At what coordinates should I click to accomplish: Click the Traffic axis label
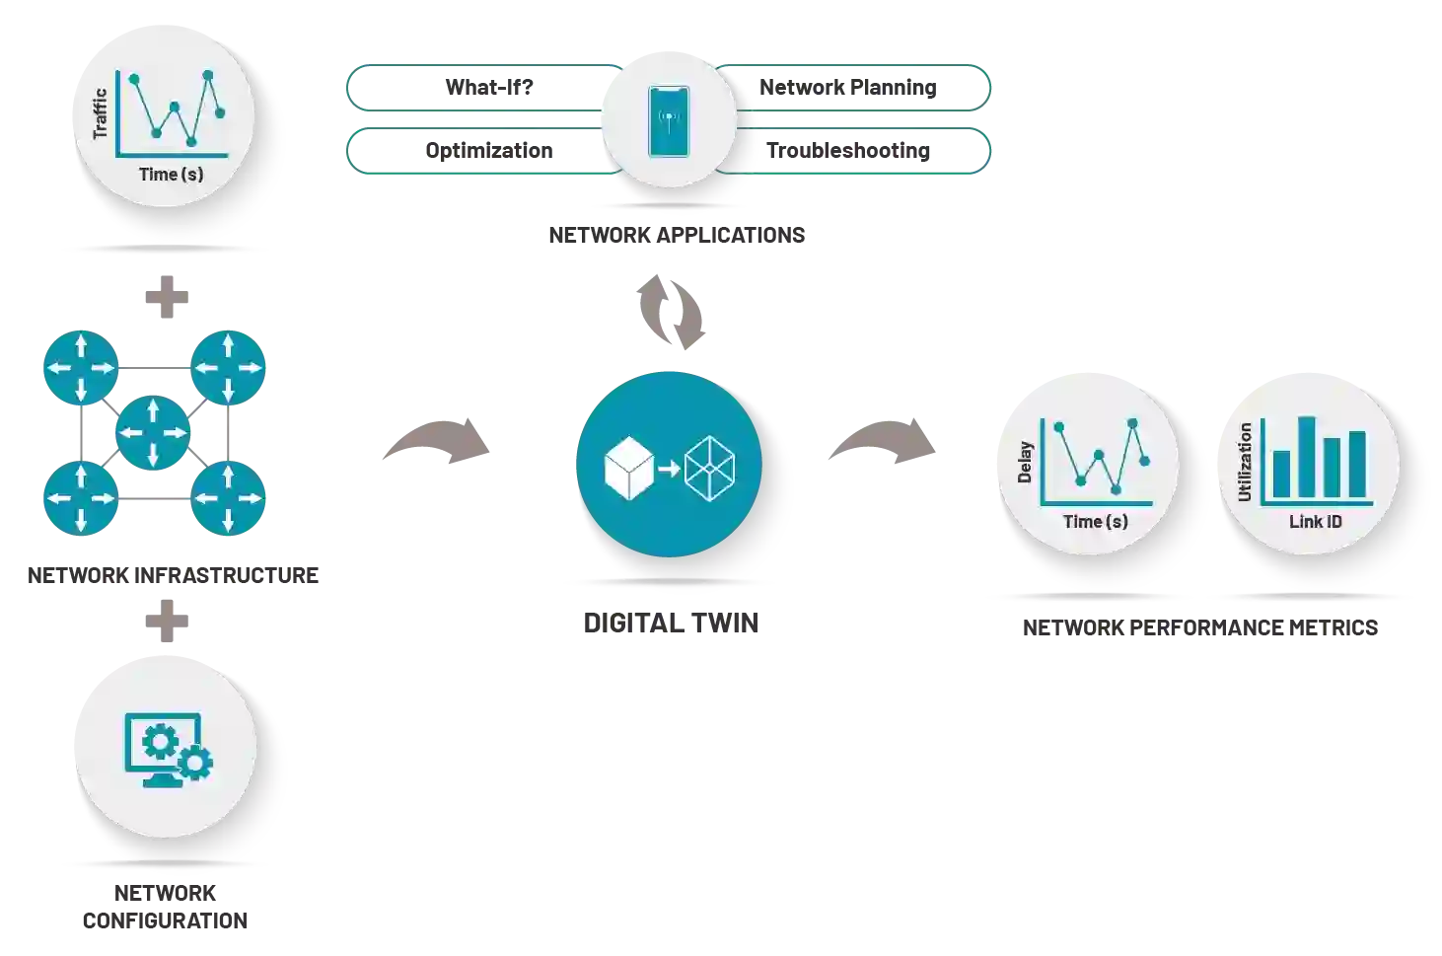100,114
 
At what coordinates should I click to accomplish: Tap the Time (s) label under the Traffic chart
171,175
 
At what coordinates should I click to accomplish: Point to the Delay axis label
1025,462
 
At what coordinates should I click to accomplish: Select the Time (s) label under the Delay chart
1095,522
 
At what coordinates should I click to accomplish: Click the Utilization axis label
1245,462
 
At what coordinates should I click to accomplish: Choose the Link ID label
1315,522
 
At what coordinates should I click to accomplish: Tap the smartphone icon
669,121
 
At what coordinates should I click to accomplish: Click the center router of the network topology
153,433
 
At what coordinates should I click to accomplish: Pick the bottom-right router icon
228,497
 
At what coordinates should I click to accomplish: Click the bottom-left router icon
80,497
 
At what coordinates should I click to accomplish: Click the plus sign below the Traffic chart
166,295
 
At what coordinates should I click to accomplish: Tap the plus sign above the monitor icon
166,619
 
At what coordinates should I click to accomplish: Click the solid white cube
628,468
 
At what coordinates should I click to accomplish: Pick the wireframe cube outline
710,469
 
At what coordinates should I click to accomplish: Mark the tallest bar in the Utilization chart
1306,458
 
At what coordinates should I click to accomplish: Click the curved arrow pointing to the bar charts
881,440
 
